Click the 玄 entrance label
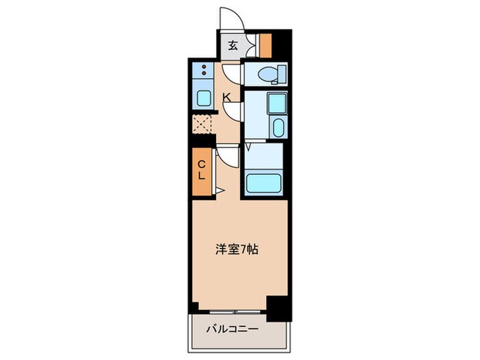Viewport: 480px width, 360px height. pyautogui.click(x=232, y=46)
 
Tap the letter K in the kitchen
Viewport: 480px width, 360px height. pyautogui.click(x=226, y=97)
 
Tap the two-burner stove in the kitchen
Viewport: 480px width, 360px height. pyautogui.click(x=204, y=71)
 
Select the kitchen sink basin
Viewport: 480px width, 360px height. pyautogui.click(x=204, y=97)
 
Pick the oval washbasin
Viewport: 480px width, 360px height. pyautogui.click(x=277, y=128)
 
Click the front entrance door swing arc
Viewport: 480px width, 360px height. pyautogui.click(x=230, y=19)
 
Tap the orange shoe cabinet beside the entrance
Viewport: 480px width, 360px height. pyautogui.click(x=265, y=45)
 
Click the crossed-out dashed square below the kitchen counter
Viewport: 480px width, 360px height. pyautogui.click(x=202, y=124)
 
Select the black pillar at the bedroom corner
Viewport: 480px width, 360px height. pyautogui.click(x=277, y=306)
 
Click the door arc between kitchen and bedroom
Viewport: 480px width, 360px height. pyautogui.click(x=226, y=157)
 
